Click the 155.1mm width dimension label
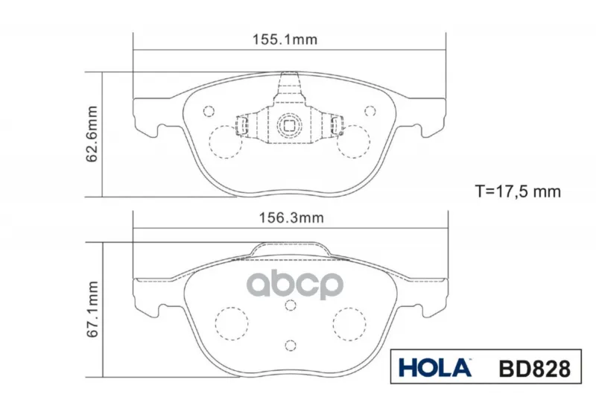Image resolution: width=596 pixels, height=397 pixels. coord(285,39)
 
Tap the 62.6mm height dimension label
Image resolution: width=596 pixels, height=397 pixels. coord(92,134)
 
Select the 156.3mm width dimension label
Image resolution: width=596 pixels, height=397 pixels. coord(291,218)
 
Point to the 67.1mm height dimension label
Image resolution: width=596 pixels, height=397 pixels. coord(92,309)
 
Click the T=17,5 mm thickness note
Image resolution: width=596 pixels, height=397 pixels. coord(518,191)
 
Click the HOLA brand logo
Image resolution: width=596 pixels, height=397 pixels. coord(435,368)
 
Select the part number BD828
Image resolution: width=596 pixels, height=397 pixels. coord(535,369)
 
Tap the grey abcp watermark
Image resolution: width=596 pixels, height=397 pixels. coord(295,285)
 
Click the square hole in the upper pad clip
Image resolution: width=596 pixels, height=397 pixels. coord(289,125)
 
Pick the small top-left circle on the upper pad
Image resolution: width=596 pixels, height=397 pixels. coord(209,111)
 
